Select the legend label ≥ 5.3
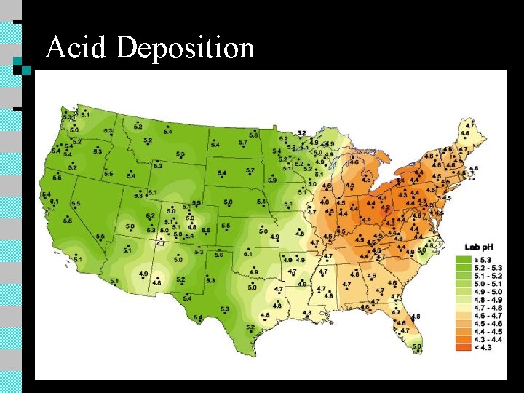pyautogui.click(x=483, y=258)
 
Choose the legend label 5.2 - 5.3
pyautogui.click(x=485, y=266)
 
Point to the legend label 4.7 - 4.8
pyautogui.click(x=485, y=306)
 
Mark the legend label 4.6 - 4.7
pyautogui.click(x=485, y=314)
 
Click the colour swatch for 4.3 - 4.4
pyautogui.click(x=463, y=338)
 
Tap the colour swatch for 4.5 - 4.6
pyautogui.click(x=463, y=322)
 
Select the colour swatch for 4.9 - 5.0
pyautogui.click(x=463, y=290)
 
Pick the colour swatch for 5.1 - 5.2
pyautogui.click(x=463, y=274)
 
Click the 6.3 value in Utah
pyautogui.click(x=138, y=196)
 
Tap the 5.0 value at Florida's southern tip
pyautogui.click(x=416, y=347)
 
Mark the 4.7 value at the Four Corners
pyautogui.click(x=161, y=243)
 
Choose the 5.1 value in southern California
pyautogui.click(x=78, y=259)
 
